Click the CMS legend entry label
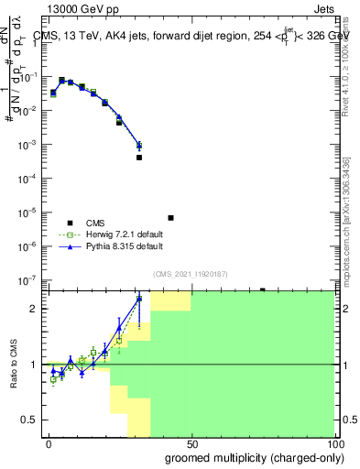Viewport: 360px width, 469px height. click(x=96, y=223)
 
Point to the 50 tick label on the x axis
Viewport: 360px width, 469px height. click(x=191, y=443)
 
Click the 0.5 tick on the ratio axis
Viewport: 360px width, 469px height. click(x=31, y=420)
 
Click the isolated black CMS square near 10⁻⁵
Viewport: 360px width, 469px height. click(x=171, y=218)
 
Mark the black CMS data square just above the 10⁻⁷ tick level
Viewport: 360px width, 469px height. click(x=262, y=290)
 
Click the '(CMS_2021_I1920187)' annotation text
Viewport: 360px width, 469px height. click(x=190, y=273)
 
